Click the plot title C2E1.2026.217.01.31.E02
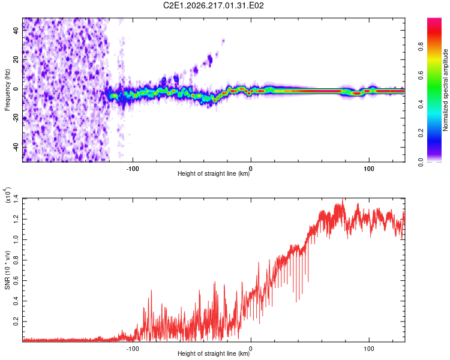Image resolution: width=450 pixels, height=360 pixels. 213,5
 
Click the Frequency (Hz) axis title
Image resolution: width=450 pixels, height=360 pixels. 7,90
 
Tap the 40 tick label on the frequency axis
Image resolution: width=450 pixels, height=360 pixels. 16,31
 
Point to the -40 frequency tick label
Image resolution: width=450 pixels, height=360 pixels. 16,146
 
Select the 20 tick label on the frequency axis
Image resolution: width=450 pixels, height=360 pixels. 16,60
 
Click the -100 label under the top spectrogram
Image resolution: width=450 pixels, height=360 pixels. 133,169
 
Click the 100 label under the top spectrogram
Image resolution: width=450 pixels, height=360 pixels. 369,169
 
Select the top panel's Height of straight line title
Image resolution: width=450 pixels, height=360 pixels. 214,173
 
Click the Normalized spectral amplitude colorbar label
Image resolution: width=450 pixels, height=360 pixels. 445,90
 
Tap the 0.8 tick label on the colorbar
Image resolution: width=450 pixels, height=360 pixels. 421,47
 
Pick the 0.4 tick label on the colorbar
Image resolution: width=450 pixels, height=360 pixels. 421,104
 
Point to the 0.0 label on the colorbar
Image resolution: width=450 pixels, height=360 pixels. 421,163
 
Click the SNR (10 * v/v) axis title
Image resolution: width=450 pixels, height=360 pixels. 7,270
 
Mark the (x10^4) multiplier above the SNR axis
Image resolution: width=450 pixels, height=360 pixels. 7,195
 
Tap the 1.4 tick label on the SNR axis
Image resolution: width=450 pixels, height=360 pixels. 16,199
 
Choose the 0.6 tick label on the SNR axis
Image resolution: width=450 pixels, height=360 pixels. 16,280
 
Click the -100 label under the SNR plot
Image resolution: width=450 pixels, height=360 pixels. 133,349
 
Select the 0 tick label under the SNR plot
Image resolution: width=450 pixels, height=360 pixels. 251,349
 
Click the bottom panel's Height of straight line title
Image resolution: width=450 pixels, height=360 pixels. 214,353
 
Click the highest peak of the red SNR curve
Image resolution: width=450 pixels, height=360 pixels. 343,200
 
